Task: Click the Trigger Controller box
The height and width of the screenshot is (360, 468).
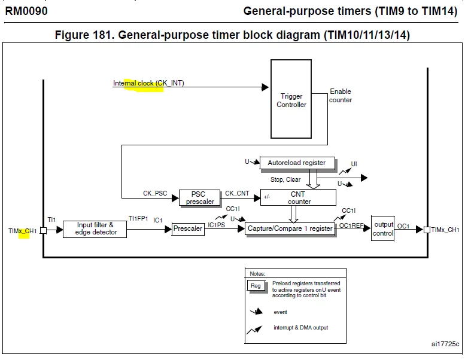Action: click(291, 99)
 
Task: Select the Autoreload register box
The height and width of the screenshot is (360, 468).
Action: click(297, 163)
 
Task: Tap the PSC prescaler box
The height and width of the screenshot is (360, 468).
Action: click(199, 198)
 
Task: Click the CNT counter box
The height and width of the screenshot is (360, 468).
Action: click(298, 197)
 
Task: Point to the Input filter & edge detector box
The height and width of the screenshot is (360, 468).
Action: click(95, 229)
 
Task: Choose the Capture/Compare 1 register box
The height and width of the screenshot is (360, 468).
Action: click(290, 229)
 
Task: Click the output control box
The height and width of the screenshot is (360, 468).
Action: click(383, 228)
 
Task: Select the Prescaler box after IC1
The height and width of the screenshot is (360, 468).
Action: click(188, 229)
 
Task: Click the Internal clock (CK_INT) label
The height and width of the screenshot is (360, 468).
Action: click(148, 83)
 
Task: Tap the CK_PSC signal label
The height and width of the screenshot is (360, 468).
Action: click(155, 193)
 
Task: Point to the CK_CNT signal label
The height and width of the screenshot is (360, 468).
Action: click(237, 193)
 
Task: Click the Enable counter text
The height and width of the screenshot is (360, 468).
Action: click(341, 96)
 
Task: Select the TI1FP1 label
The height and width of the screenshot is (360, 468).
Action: click(138, 219)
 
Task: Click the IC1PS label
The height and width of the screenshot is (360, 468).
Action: click(217, 225)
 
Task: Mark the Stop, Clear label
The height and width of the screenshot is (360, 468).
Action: click(285, 179)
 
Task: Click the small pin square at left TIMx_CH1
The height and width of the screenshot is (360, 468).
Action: click(43, 230)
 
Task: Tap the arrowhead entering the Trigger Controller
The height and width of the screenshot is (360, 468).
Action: click(265, 87)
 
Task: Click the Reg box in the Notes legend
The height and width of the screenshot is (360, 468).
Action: click(256, 286)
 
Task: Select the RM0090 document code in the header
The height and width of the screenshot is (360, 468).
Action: click(26, 11)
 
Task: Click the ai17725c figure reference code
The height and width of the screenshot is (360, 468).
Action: click(445, 344)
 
